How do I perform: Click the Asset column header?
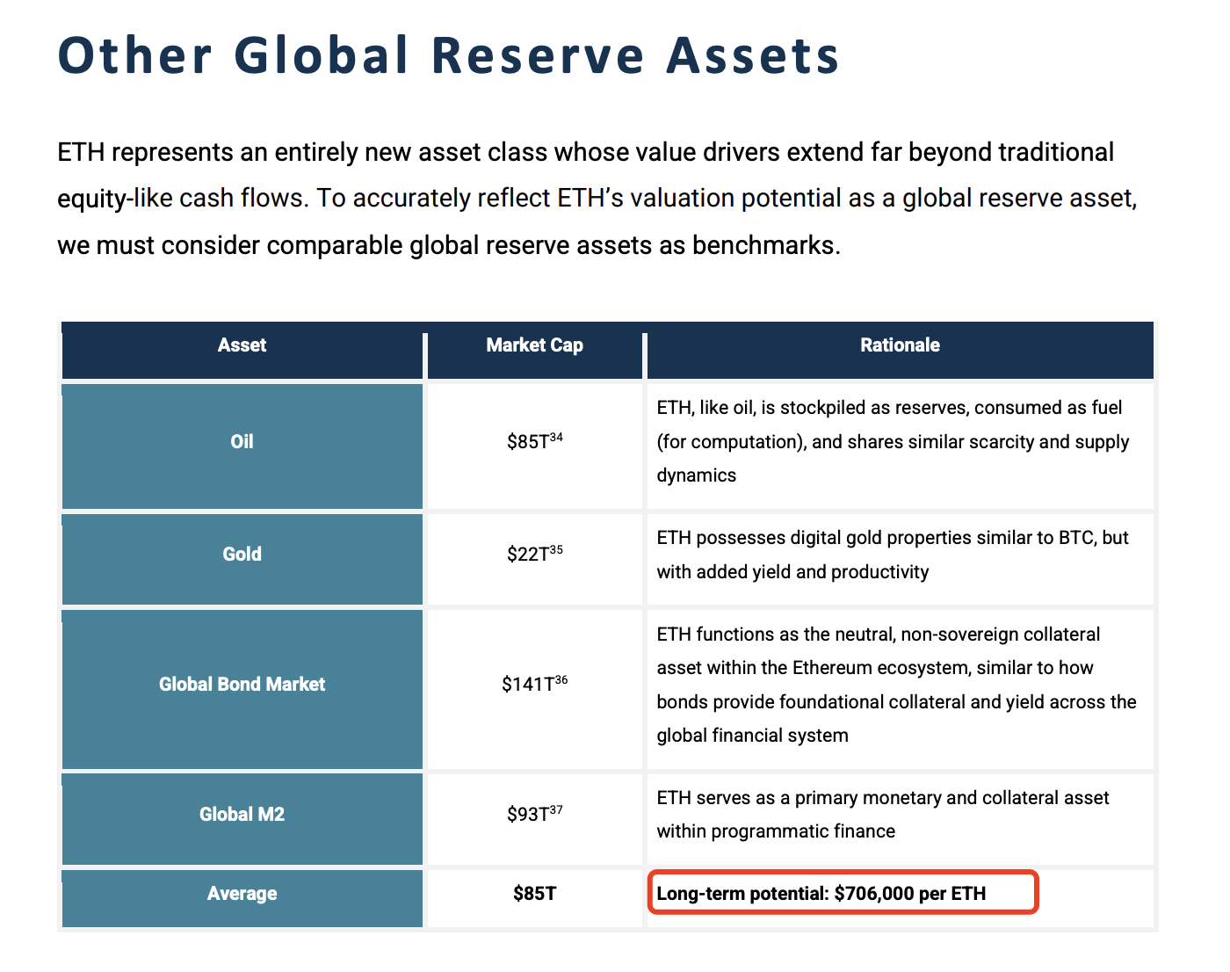[242, 345]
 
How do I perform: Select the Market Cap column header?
[534, 345]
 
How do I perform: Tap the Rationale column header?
[901, 345]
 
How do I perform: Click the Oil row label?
[242, 441]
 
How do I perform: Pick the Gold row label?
[242, 554]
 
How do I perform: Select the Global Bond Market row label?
[242, 684]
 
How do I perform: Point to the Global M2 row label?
[242, 814]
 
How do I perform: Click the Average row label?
[242, 893]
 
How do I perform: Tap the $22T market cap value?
[534, 553]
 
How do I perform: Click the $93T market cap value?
[534, 813]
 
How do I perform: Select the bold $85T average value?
[534, 893]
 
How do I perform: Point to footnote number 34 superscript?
[556, 437]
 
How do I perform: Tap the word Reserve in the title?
[538, 55]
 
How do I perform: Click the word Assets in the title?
[753, 55]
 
